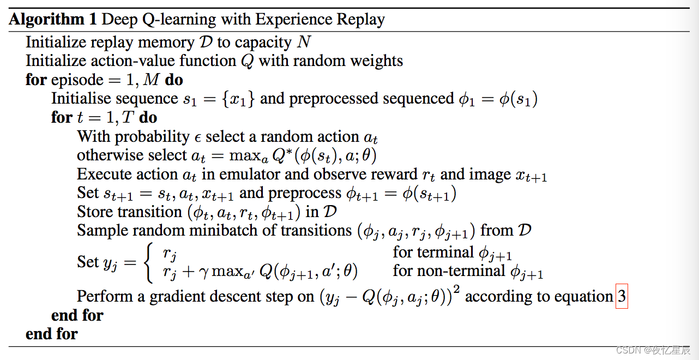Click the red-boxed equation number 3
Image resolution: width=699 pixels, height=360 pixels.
pyautogui.click(x=622, y=296)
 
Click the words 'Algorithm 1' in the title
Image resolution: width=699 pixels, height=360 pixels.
pyautogui.click(x=52, y=19)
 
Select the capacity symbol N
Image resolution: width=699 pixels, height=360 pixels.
pyautogui.click(x=304, y=41)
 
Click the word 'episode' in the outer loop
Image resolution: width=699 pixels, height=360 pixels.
pyautogui.click(x=77, y=80)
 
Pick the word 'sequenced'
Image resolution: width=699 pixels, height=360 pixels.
pyautogui.click(x=418, y=99)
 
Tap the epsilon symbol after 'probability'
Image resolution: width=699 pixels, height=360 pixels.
pyautogui.click(x=197, y=137)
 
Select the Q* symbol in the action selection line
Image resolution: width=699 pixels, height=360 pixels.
pyautogui.click(x=282, y=155)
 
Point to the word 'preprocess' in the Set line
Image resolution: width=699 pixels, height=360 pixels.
pyautogui.click(x=305, y=194)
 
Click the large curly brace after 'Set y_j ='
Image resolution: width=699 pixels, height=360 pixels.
pyautogui.click(x=148, y=262)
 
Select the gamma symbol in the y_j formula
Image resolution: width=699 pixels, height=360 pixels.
pyautogui.click(x=203, y=272)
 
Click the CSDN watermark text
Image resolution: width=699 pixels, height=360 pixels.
pyautogui.click(x=653, y=350)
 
